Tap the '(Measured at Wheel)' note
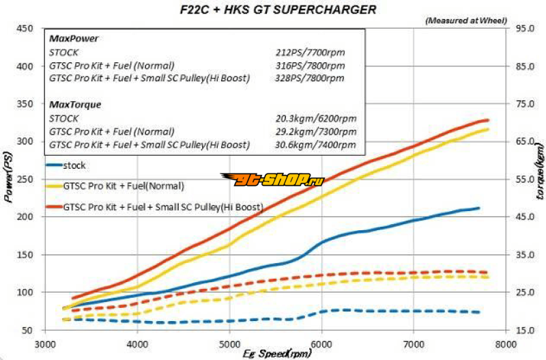coord(464,20)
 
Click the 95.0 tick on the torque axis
coord(522,29)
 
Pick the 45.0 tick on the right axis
coord(522,217)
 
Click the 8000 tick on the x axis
coord(505,344)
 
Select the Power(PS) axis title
coord(9,179)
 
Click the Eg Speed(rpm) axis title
coord(276,354)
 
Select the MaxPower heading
coord(73,39)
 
